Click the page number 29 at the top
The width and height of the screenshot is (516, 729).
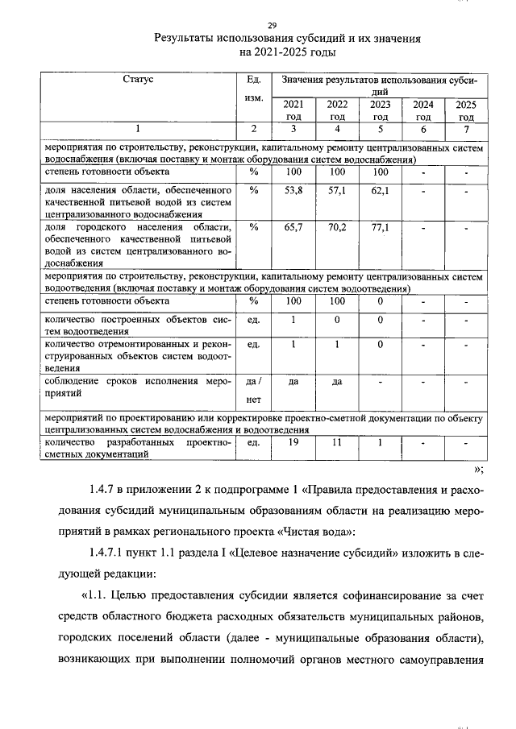[272, 25]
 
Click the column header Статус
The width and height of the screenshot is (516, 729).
[138, 80]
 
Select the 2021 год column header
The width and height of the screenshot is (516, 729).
[294, 110]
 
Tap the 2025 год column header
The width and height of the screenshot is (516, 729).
[465, 110]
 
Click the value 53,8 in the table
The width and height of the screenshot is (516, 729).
[294, 191]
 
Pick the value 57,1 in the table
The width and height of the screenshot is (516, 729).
[337, 191]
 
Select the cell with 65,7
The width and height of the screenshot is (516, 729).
[294, 228]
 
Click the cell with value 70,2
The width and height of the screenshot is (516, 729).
[337, 228]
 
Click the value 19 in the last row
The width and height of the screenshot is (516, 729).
[294, 443]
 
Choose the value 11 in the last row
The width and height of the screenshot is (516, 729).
[337, 443]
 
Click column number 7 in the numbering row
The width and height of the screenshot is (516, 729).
[465, 129]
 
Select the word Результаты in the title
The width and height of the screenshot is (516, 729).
[187, 38]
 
